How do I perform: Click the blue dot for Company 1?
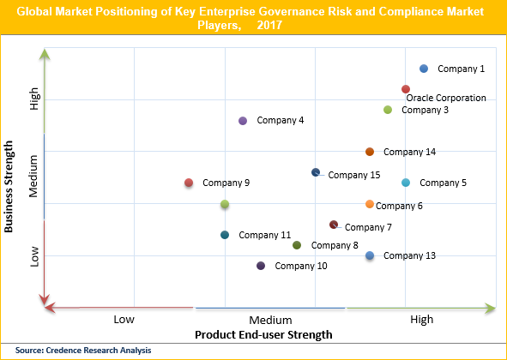[x=424, y=69]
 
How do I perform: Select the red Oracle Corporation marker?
[x=406, y=89]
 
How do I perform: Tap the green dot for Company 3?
[x=388, y=110]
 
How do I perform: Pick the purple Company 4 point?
[x=243, y=121]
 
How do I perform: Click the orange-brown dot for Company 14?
[x=370, y=152]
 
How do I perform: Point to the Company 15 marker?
[x=316, y=173]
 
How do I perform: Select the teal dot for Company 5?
[x=406, y=183]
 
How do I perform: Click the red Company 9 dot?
[x=189, y=183]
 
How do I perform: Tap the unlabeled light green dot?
[x=225, y=204]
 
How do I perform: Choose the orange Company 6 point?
[x=370, y=204]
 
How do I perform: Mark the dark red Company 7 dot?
[x=334, y=225]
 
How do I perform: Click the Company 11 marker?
[x=225, y=235]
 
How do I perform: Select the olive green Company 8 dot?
[x=297, y=245]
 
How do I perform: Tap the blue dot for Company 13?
[x=370, y=255]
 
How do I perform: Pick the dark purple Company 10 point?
[x=261, y=266]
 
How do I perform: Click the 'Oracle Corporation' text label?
[x=446, y=98]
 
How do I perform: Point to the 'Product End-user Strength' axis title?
[x=263, y=333]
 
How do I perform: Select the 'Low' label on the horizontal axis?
[x=124, y=320]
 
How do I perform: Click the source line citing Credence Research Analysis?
[x=82, y=350]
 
